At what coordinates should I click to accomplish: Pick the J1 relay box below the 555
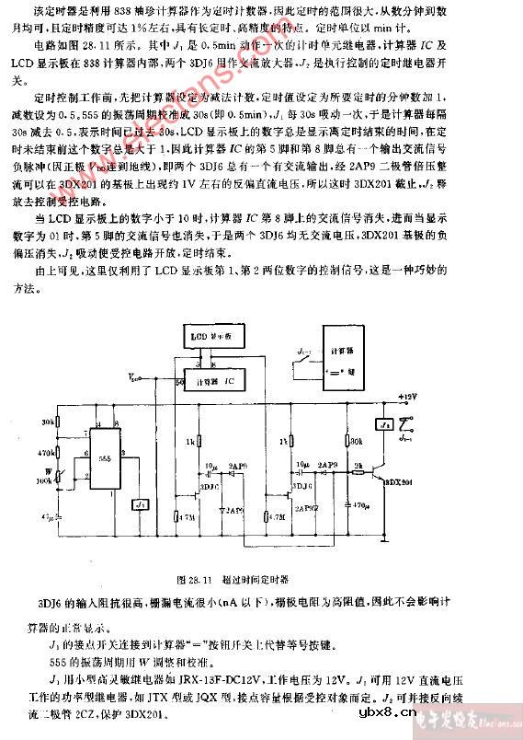click(141, 504)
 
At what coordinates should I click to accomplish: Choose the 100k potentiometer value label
click(43, 480)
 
